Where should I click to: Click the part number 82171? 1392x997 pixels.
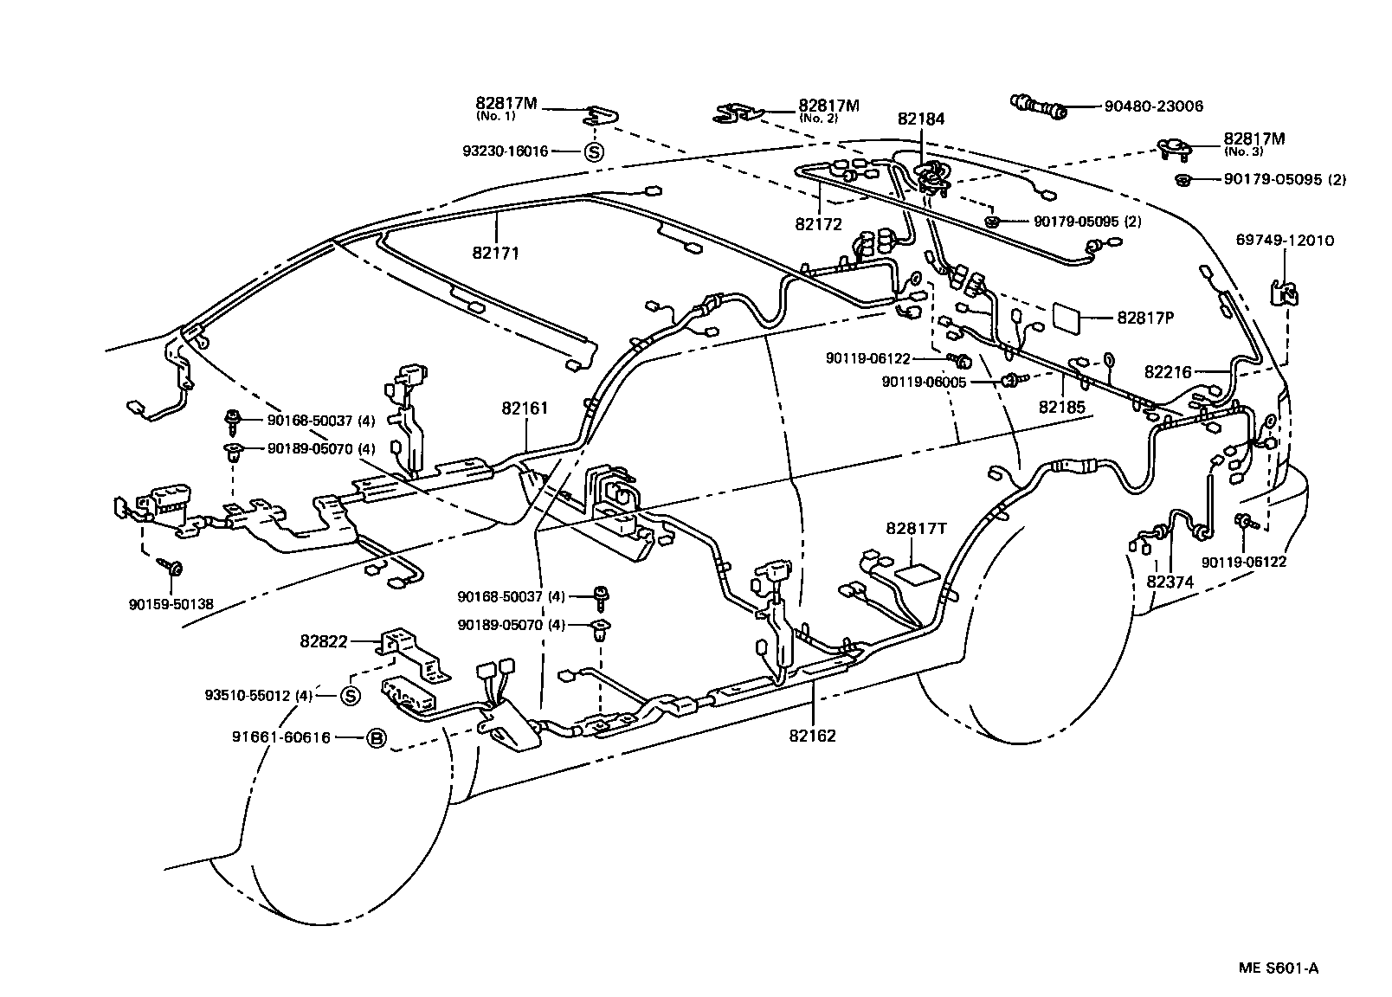497,254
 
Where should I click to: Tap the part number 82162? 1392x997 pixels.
812,736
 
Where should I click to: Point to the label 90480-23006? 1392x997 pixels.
1153,107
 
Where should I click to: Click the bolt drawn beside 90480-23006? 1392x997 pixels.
1039,106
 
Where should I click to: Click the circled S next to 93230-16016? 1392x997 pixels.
594,151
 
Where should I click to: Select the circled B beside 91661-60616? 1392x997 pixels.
376,738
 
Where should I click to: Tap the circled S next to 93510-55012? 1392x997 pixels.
350,695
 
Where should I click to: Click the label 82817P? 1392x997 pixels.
1144,318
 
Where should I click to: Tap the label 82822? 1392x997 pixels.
324,641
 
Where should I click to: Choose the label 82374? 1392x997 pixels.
1170,582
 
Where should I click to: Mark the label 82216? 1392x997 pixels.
1168,372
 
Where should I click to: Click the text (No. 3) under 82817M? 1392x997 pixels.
1242,151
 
